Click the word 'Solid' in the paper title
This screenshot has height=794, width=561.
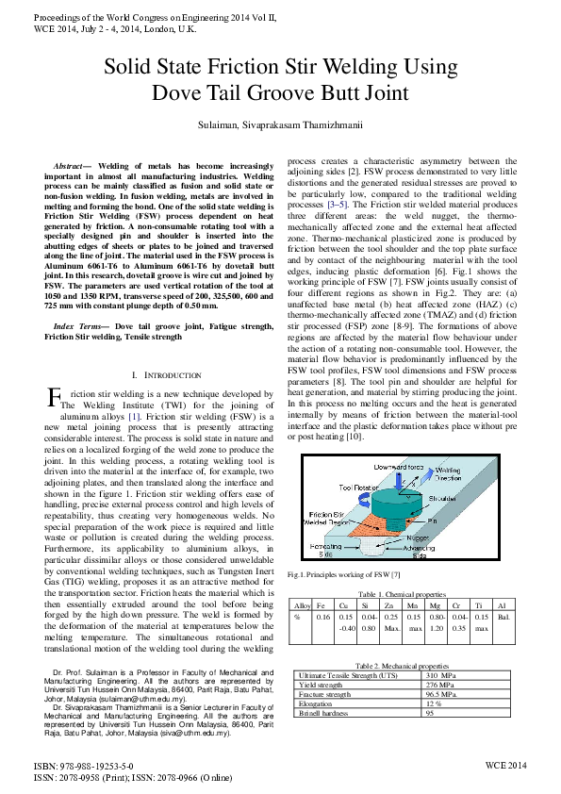click(x=129, y=68)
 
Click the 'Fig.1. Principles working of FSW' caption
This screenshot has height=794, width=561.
click(x=331, y=575)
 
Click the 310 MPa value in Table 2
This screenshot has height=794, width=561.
click(x=442, y=676)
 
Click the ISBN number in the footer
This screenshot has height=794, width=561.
click(x=84, y=769)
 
